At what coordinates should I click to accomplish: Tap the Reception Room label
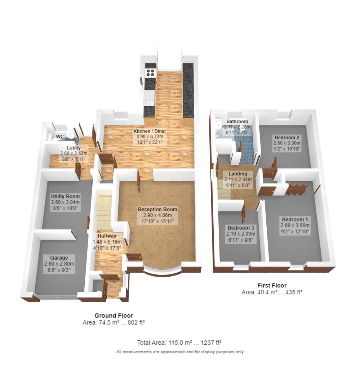(157, 209)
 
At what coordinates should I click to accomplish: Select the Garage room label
(59, 258)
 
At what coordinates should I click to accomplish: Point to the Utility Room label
(65, 196)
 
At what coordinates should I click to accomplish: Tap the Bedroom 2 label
(287, 138)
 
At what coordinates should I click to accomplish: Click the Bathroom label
(237, 121)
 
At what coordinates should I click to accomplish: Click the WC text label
(60, 137)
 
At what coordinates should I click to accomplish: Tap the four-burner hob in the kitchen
(150, 73)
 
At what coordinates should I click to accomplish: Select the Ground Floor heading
(114, 316)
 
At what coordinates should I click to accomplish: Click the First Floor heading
(272, 286)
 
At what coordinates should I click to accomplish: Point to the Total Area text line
(181, 342)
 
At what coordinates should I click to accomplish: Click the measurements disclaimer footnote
(180, 352)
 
